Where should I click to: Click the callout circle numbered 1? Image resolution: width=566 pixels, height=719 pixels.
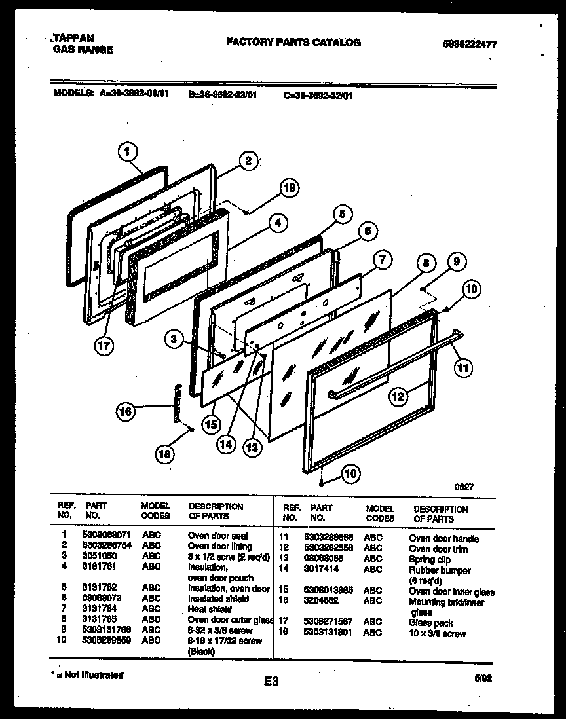pyautogui.click(x=128, y=152)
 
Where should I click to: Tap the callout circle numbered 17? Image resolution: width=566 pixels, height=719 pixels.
pyautogui.click(x=102, y=346)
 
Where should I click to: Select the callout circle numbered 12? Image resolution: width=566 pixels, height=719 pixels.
pyautogui.click(x=398, y=395)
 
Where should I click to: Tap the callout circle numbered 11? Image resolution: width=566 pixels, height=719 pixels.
pyautogui.click(x=463, y=368)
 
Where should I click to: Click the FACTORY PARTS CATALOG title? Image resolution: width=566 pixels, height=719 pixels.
pyautogui.click(x=293, y=42)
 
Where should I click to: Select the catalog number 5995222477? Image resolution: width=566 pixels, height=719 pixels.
pyautogui.click(x=469, y=45)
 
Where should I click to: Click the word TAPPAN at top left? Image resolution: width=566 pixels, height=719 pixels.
pyautogui.click(x=73, y=39)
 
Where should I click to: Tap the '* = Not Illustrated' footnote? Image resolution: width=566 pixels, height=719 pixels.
pyautogui.click(x=87, y=674)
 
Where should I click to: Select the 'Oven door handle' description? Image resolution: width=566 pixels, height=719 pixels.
pyautogui.click(x=443, y=539)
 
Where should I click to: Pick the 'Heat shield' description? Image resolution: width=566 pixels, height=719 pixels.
pyautogui.click(x=210, y=608)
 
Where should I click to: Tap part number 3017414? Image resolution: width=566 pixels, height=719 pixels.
pyautogui.click(x=322, y=570)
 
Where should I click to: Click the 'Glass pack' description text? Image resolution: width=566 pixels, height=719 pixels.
pyautogui.click(x=430, y=623)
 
